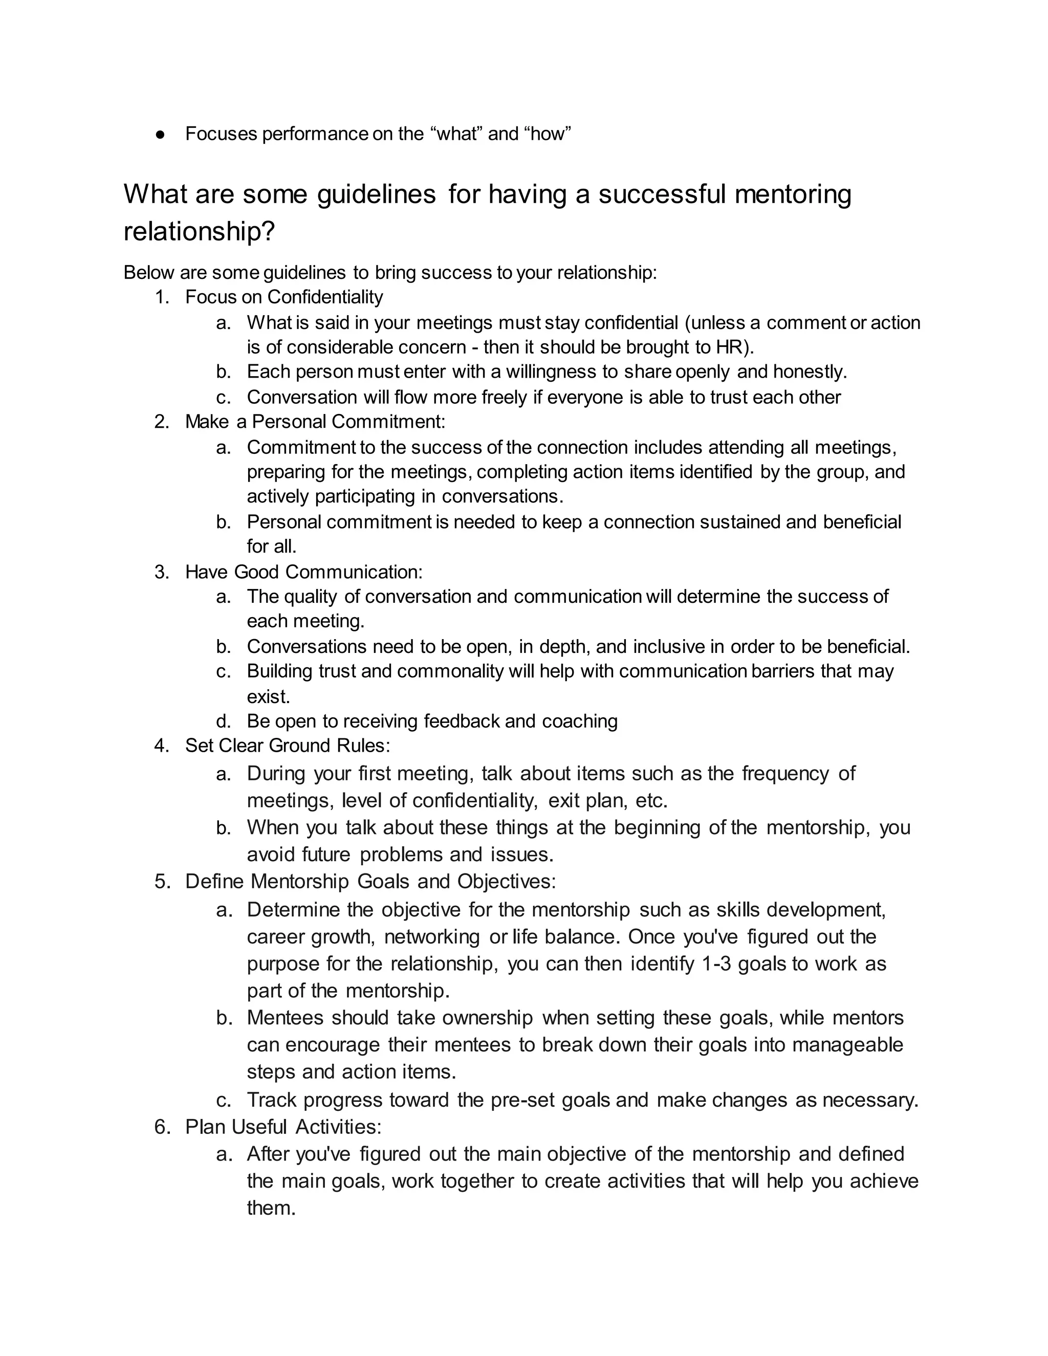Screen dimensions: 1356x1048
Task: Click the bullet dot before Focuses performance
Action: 160,134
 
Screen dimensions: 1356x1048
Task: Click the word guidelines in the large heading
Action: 376,194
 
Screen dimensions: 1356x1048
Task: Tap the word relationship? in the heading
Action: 199,232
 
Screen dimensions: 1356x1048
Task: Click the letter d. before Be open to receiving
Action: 223,721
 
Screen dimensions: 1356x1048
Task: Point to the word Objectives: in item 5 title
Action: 507,882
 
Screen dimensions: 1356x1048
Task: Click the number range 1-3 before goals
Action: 716,964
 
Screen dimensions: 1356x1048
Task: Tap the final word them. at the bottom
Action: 271,1208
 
